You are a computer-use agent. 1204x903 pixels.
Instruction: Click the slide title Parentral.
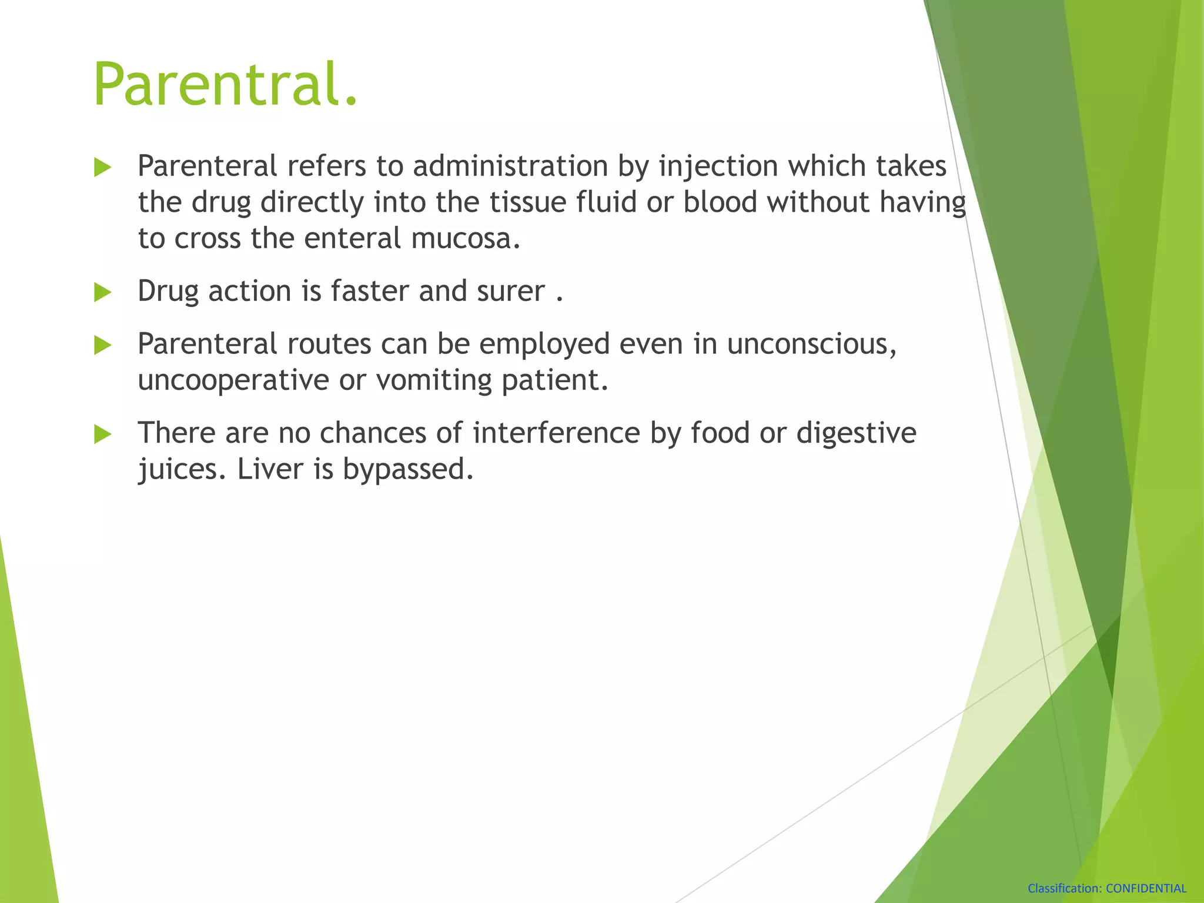coord(225,85)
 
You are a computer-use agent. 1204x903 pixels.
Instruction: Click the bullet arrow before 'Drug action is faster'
coord(102,292)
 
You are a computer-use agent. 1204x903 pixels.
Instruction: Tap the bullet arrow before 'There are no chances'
coord(102,434)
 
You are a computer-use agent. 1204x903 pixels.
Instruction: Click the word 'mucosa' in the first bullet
coord(464,239)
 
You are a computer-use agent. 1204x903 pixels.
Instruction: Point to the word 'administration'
coord(510,166)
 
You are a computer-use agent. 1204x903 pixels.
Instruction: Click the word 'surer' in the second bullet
coord(511,292)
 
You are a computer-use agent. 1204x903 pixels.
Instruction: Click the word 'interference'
coord(556,434)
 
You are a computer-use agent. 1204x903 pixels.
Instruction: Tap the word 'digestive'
coord(856,434)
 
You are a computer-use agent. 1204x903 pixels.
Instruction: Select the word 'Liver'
coord(270,470)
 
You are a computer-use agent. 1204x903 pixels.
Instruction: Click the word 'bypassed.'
coord(408,470)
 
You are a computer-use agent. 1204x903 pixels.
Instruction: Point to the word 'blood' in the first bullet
coord(720,203)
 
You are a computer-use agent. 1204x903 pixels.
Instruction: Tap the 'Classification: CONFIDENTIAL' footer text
coord(1106,888)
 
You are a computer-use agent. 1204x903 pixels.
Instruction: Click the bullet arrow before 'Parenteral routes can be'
coord(102,346)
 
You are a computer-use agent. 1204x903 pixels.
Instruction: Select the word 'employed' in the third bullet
coord(544,345)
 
